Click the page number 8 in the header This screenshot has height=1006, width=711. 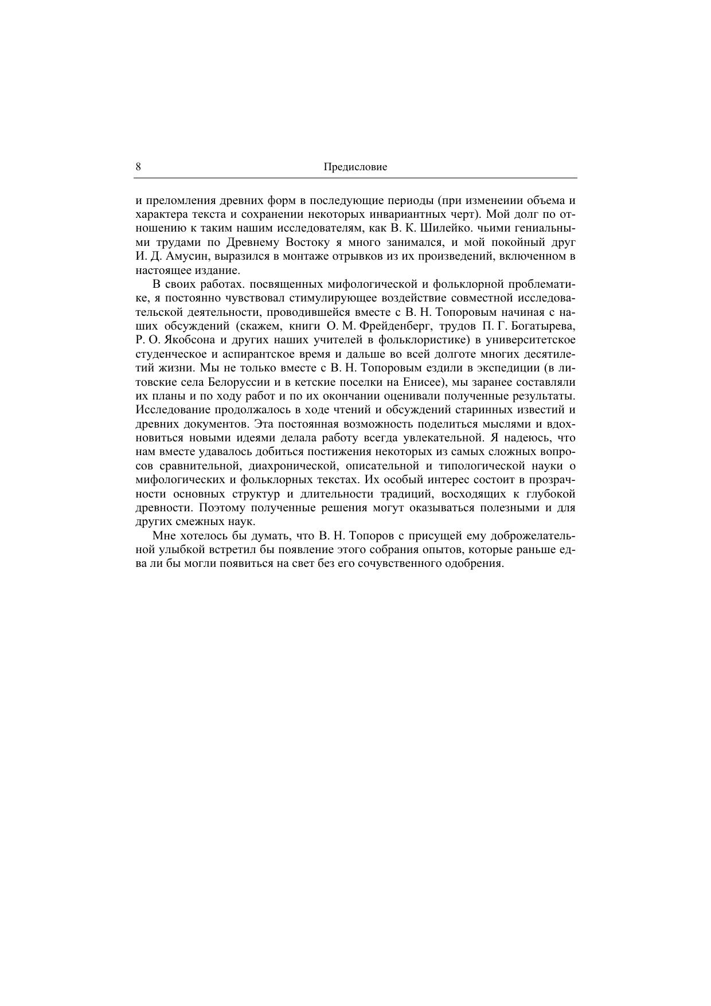[139, 167]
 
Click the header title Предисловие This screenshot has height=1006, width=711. [355, 167]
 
